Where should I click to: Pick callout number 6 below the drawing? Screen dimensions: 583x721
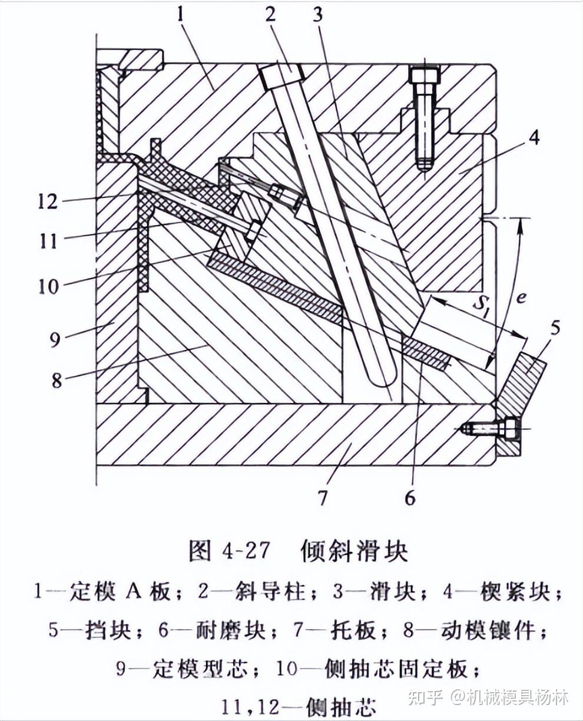pos(410,498)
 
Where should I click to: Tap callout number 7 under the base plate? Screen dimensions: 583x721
pos(323,498)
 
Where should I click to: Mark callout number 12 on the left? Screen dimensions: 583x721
pos(47,201)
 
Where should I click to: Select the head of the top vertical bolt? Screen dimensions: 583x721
pos(425,75)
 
